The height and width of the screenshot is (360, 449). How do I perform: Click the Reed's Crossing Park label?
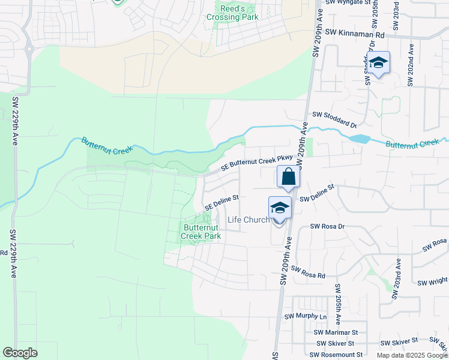(x=232, y=13)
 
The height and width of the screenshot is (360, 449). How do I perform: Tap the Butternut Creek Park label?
(x=201, y=232)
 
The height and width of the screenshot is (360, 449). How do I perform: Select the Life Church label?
(x=249, y=220)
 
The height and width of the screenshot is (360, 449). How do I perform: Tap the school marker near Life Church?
(x=280, y=208)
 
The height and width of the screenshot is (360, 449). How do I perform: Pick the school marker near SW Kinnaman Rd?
(x=378, y=63)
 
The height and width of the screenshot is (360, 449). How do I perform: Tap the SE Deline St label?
(x=221, y=202)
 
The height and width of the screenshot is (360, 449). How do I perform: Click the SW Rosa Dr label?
(x=327, y=227)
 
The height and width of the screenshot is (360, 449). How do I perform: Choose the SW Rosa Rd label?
(x=308, y=272)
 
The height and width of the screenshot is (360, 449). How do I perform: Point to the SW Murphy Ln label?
(x=306, y=316)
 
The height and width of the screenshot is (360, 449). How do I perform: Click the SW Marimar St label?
(x=336, y=332)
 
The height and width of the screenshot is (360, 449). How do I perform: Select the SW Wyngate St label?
(x=348, y=2)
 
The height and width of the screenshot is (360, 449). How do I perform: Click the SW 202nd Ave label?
(x=411, y=65)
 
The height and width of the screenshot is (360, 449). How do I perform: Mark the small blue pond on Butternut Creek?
(x=360, y=139)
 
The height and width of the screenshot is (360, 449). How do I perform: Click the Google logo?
(x=20, y=353)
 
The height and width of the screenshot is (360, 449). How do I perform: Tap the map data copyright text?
(x=412, y=355)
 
